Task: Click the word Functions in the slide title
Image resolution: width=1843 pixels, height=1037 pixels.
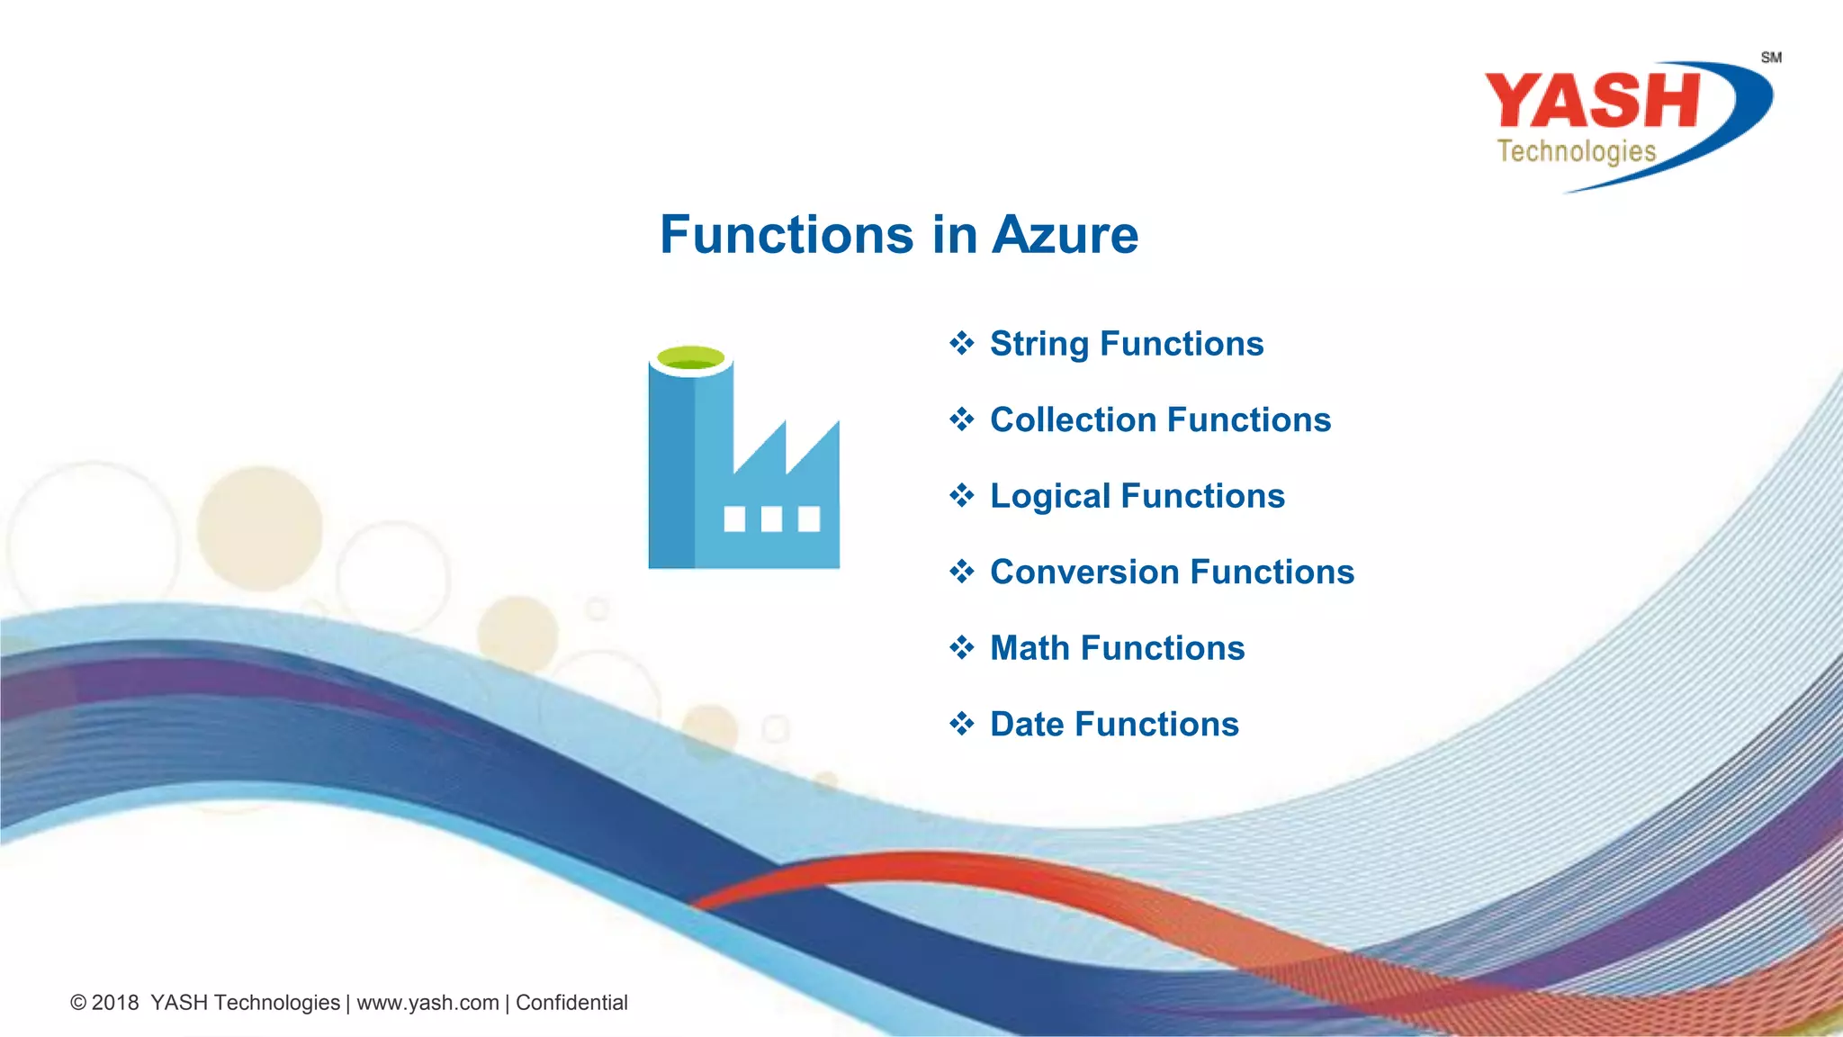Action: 787,235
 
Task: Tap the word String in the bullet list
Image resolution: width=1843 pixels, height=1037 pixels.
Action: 1039,344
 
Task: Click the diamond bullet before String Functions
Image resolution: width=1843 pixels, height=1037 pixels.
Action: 962,343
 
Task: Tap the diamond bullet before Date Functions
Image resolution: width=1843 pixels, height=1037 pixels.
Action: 962,724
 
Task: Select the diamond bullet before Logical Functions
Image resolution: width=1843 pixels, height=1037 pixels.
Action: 962,495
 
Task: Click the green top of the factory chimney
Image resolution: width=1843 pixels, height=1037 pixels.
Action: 690,358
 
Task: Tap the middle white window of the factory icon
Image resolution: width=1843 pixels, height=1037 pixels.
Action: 771,519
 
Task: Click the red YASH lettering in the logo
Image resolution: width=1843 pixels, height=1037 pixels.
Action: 1591,101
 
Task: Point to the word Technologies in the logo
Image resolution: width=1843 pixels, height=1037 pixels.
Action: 1576,151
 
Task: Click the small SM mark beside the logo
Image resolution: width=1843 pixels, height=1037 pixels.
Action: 1771,58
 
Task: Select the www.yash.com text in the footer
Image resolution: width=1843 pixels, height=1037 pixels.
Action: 427,1003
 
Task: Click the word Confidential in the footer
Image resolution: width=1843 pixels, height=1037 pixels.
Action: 571,1003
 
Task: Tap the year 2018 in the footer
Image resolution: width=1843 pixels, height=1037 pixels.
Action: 115,1003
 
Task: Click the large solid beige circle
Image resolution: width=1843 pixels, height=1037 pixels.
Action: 260,528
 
